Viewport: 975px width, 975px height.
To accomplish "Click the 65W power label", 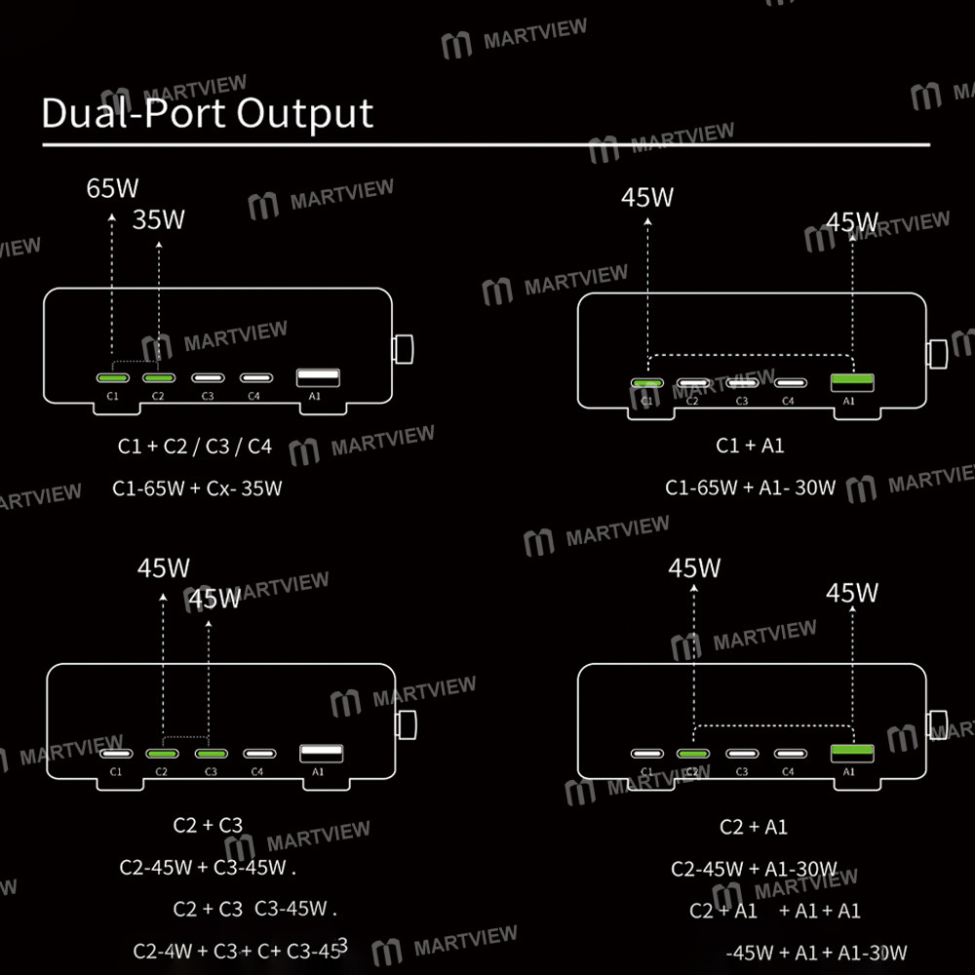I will (113, 188).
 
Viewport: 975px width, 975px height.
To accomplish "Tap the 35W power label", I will (158, 219).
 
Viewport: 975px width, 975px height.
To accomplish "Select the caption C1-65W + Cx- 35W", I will (197, 488).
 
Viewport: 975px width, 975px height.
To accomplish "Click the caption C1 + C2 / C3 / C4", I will (195, 447).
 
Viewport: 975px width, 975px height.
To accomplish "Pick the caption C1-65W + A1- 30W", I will (751, 487).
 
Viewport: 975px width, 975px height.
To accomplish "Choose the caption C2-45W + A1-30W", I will (755, 869).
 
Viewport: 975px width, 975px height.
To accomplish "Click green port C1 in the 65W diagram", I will (113, 378).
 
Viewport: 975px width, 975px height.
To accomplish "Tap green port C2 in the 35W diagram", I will (159, 378).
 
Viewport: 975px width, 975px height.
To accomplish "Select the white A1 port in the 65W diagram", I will (318, 376).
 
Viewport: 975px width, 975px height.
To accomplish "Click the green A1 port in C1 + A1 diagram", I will (850, 382).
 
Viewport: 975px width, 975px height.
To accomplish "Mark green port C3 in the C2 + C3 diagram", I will (211, 754).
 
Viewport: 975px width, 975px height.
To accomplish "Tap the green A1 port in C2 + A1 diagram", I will (851, 753).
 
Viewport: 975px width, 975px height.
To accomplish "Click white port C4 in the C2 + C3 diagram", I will (258, 754).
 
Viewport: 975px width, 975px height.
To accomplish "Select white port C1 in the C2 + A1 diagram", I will (646, 754).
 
